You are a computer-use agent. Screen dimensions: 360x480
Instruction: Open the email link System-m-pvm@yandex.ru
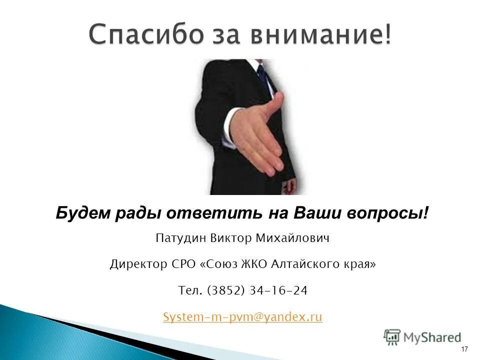click(242, 317)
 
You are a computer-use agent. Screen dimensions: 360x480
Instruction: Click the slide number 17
click(464, 348)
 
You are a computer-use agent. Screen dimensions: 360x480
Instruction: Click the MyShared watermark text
click(432, 337)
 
